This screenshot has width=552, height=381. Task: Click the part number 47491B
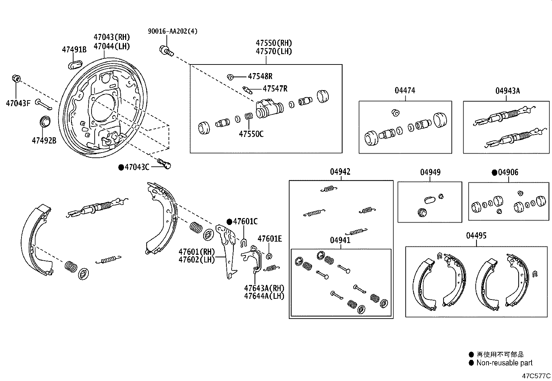(x=74, y=50)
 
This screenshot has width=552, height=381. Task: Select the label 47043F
(x=18, y=103)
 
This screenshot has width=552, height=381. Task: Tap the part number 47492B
(x=44, y=140)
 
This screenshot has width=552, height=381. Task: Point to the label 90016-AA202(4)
(x=173, y=31)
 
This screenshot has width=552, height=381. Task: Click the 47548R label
(x=260, y=76)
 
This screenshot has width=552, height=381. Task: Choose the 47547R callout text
(x=275, y=89)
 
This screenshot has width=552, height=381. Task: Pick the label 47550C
(x=251, y=134)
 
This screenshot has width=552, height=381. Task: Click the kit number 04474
(x=405, y=90)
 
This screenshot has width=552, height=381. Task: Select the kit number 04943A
(x=508, y=91)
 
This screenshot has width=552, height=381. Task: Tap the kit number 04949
(x=430, y=172)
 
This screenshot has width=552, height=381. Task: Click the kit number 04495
(x=476, y=236)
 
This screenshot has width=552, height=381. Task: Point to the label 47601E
(x=270, y=239)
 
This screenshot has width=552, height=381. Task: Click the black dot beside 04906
(x=494, y=172)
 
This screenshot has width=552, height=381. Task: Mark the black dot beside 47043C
(x=121, y=167)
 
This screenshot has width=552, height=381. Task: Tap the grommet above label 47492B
(x=44, y=122)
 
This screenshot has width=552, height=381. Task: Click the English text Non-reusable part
(x=504, y=363)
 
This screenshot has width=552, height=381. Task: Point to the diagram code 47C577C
(x=537, y=376)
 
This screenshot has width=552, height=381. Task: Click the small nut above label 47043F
(x=16, y=78)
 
